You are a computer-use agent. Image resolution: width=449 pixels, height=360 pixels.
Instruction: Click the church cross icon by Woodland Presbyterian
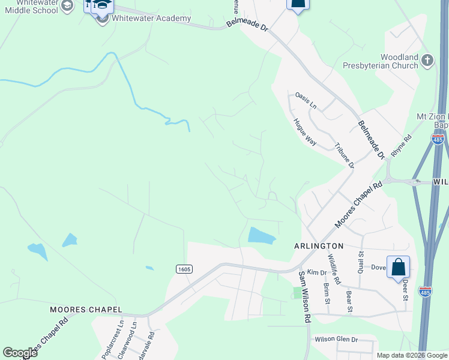[x=427, y=60]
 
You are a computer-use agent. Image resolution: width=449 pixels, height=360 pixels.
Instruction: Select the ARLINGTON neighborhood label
[x=319, y=246]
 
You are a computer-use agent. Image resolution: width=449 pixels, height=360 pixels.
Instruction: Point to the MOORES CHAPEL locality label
[x=86, y=310]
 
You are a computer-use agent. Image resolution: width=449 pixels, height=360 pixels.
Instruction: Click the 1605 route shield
[x=184, y=269]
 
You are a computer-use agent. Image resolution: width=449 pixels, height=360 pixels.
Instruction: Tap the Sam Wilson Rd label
[x=305, y=297]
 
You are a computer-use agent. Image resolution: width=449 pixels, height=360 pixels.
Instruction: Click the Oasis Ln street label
[x=306, y=100]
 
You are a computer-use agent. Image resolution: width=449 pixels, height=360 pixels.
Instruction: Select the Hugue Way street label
[x=305, y=132]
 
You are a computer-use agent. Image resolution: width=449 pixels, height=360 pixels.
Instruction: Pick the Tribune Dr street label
[x=345, y=155]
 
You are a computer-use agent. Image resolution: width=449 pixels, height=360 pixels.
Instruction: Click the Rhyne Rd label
[x=401, y=145]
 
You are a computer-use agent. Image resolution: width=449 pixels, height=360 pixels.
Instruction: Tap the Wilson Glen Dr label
[x=336, y=340]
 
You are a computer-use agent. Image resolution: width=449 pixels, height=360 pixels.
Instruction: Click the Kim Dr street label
[x=316, y=272]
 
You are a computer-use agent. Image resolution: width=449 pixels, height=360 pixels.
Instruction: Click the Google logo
[x=20, y=353]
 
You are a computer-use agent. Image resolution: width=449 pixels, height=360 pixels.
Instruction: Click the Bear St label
[x=349, y=302]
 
